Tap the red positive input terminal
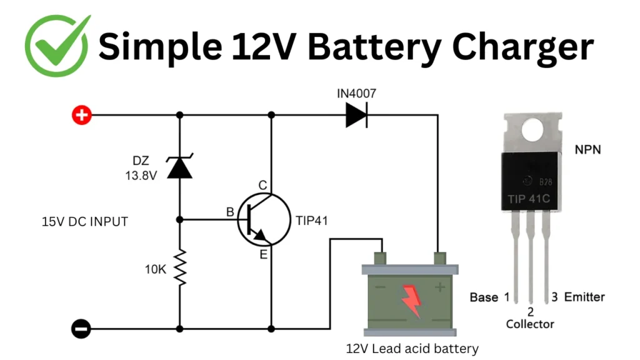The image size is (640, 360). (x=81, y=115)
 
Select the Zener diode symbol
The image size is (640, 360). (x=180, y=166)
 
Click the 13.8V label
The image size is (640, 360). (x=141, y=176)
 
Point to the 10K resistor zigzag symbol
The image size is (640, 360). (x=180, y=267)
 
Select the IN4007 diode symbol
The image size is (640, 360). (x=356, y=115)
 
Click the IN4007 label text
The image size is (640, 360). (x=356, y=94)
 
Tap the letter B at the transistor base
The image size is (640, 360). (x=229, y=212)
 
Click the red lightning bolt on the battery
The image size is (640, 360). (x=411, y=299)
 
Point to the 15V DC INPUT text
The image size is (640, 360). (x=84, y=221)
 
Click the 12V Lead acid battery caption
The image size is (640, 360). (x=412, y=348)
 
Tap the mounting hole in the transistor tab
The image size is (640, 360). (x=533, y=130)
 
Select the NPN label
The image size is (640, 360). (x=587, y=150)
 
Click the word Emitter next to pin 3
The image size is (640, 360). (x=584, y=297)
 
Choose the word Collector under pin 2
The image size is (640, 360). (x=530, y=324)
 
